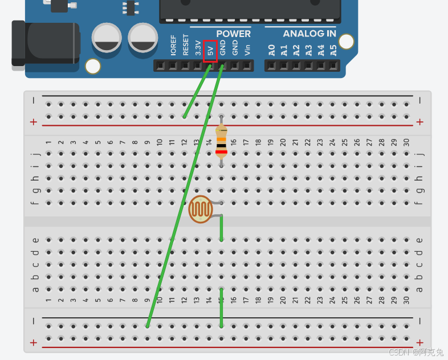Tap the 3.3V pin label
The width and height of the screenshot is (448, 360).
[198, 48]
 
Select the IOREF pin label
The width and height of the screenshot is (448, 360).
[173, 46]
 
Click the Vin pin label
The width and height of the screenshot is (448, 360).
[247, 50]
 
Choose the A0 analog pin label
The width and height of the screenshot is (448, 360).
[272, 50]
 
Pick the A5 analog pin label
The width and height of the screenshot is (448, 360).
[333, 50]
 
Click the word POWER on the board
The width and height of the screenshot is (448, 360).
[233, 34]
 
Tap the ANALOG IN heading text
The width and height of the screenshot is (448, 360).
[309, 34]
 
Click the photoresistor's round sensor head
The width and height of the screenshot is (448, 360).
[201, 209]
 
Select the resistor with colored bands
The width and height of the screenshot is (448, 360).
[221, 141]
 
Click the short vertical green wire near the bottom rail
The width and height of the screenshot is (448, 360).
[221, 312]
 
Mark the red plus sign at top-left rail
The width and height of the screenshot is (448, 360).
[34, 122]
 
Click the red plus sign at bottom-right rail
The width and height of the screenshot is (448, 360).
[420, 342]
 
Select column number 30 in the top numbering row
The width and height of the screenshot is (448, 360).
[406, 142]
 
